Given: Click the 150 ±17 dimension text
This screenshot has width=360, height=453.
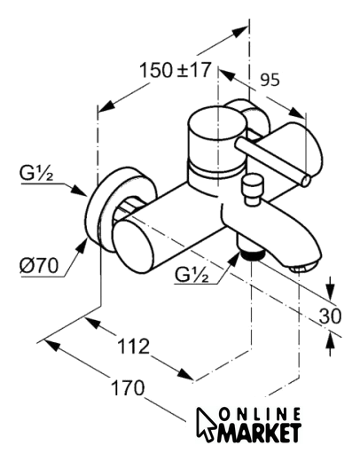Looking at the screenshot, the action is point(175,70).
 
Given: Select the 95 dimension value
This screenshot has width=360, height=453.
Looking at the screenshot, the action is point(270,80).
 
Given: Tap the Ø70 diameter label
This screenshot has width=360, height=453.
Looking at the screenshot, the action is point(39,266).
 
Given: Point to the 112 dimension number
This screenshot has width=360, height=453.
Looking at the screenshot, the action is point(134,346).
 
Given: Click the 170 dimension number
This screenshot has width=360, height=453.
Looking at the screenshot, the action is point(128,387).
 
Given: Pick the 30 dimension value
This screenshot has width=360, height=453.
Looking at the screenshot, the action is point(330,316).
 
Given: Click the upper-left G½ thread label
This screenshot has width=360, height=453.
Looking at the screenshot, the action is point(36,174).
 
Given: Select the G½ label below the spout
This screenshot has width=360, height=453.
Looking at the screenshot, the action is point(192,275).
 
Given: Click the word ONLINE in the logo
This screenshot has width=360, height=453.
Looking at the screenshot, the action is point(261,415).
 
